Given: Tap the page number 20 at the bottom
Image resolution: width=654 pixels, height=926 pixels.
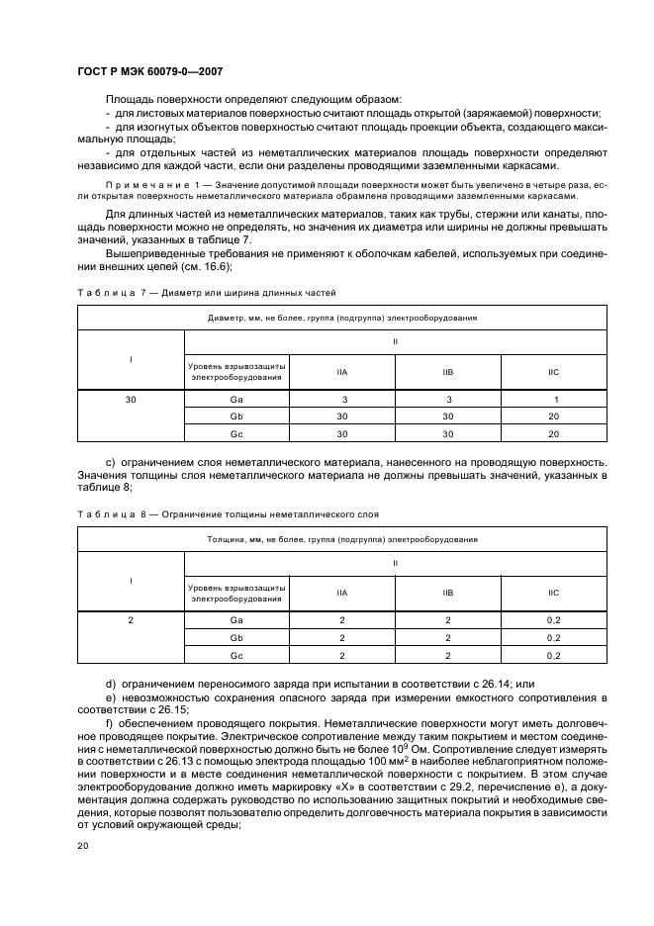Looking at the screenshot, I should [x=82, y=845].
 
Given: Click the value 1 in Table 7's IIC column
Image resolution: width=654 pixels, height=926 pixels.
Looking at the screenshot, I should [x=553, y=399].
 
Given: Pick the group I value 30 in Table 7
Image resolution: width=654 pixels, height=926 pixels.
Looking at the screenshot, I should [x=131, y=399].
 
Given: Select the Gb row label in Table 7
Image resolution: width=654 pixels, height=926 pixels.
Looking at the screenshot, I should [x=236, y=417].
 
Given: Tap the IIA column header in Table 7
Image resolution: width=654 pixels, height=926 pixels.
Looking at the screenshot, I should [x=341, y=372].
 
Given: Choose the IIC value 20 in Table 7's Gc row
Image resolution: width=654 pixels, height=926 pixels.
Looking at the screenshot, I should [x=553, y=434].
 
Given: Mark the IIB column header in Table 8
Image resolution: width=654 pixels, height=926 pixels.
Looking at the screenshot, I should [x=447, y=592].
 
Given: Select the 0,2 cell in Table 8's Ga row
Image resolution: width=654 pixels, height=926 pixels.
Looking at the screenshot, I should [x=553, y=619].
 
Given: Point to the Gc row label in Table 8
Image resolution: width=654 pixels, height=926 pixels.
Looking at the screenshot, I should [x=236, y=655].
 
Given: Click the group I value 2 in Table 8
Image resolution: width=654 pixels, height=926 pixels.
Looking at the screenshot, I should [x=131, y=619].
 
